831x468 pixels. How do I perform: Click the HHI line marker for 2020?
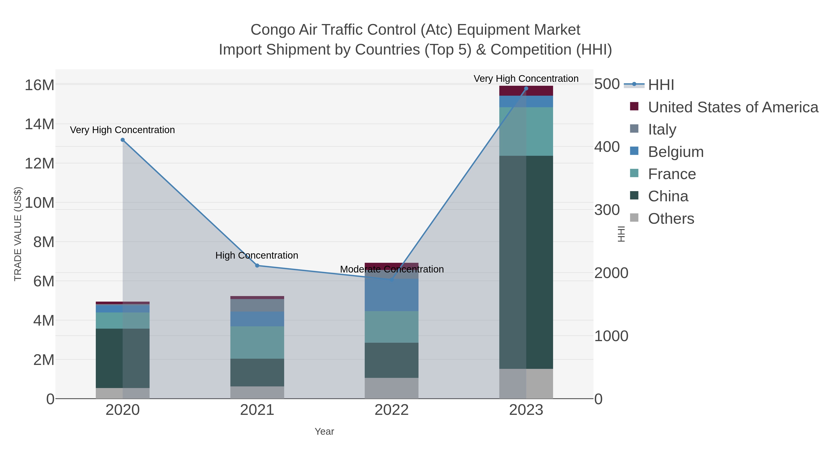click(x=123, y=140)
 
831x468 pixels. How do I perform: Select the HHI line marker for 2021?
click(x=257, y=266)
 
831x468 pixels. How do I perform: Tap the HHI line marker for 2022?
click(x=392, y=280)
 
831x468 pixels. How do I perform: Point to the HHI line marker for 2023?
click(x=526, y=89)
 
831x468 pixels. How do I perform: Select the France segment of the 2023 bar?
click(x=526, y=132)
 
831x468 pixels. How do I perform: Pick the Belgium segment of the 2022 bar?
click(x=392, y=295)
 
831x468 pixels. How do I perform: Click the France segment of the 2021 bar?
click(x=257, y=342)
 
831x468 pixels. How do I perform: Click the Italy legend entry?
click(x=662, y=129)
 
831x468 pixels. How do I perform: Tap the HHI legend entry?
click(x=661, y=85)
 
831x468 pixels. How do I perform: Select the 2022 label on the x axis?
click(x=392, y=410)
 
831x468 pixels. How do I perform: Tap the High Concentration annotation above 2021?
click(x=257, y=255)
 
